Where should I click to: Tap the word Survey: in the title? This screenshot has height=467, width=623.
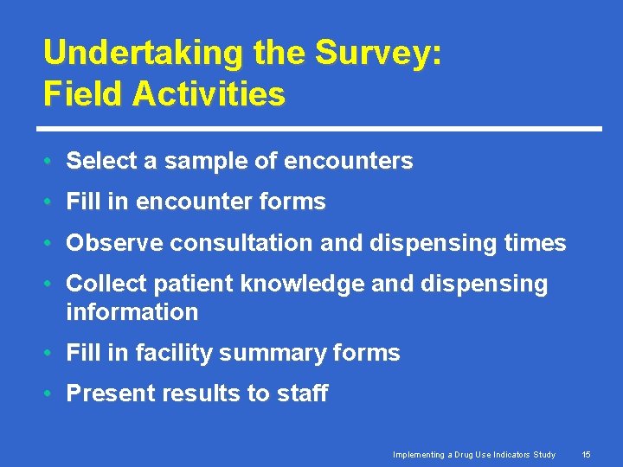point(378,53)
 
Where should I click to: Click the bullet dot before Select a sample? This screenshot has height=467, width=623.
point(52,162)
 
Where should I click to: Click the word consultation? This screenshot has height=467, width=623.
point(241,243)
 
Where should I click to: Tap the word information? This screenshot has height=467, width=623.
point(132,311)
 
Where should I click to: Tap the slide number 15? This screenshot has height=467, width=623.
point(587,455)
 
